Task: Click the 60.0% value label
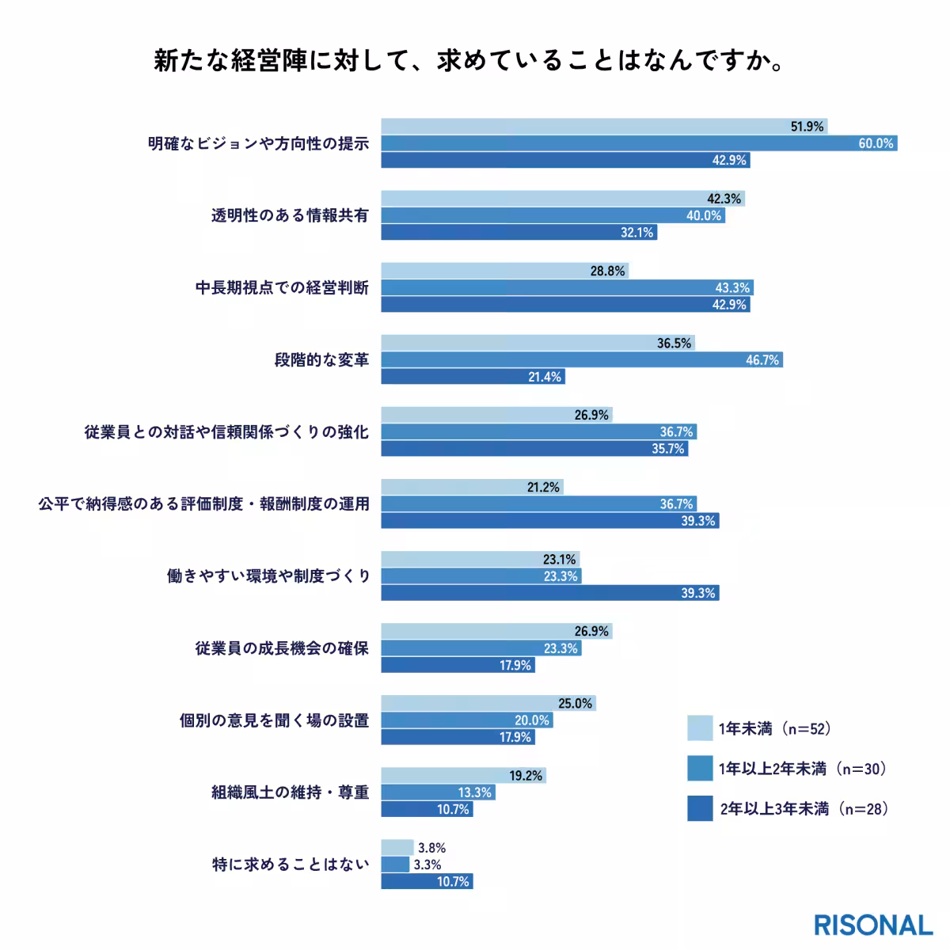click(x=876, y=143)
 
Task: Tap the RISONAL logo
click(x=873, y=925)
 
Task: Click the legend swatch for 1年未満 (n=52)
click(x=700, y=728)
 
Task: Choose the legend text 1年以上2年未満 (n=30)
click(x=802, y=769)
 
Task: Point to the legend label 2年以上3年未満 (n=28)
click(x=804, y=809)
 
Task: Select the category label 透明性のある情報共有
click(x=290, y=215)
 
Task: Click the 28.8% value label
click(x=608, y=271)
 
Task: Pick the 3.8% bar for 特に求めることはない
click(x=397, y=848)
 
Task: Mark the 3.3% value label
click(x=427, y=864)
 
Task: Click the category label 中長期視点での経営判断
click(x=282, y=287)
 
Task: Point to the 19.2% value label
click(x=526, y=776)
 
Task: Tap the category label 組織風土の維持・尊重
click(x=290, y=792)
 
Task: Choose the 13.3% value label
click(x=475, y=792)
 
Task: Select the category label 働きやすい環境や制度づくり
click(x=268, y=576)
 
